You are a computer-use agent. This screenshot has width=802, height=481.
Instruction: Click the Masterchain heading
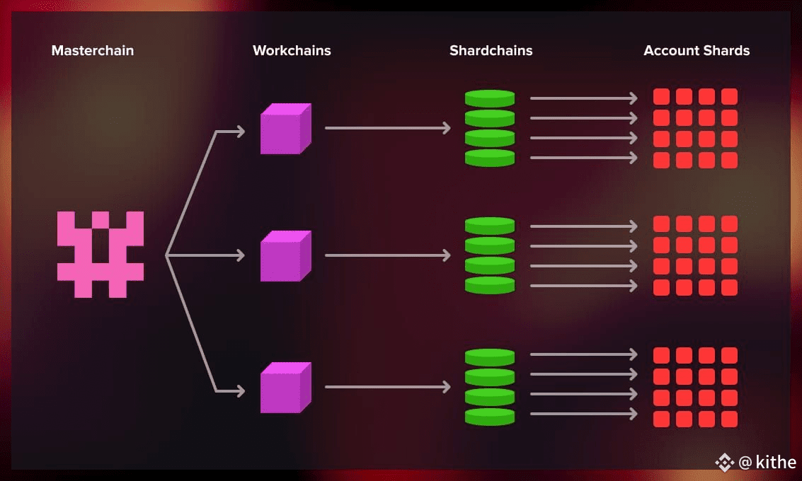(93, 51)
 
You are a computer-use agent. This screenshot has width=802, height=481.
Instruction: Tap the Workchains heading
(292, 51)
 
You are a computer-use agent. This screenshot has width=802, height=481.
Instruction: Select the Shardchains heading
(491, 51)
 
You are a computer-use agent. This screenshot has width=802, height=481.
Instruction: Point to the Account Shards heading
(697, 51)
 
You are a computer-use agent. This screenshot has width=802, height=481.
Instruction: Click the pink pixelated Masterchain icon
(101, 255)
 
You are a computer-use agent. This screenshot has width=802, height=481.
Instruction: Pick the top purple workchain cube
(286, 129)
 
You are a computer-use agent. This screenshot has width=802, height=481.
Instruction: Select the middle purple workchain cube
(286, 256)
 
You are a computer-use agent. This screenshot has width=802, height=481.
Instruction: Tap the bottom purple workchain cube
(286, 388)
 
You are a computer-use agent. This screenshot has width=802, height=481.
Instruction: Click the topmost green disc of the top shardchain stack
(490, 98)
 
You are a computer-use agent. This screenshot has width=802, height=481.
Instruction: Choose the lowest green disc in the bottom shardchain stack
(490, 417)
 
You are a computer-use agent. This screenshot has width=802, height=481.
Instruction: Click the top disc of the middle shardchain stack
(490, 226)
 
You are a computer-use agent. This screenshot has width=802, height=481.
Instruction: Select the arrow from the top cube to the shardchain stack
(388, 128)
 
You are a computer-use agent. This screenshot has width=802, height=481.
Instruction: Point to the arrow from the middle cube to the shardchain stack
(388, 255)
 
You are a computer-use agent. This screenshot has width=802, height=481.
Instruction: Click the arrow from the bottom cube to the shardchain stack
(388, 387)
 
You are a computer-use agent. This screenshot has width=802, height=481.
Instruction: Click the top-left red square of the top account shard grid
(661, 96)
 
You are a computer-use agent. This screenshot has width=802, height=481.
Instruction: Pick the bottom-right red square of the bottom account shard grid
(729, 419)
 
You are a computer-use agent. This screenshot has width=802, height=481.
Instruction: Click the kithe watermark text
(776, 462)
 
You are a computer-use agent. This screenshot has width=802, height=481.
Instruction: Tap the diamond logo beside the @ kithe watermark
(725, 462)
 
